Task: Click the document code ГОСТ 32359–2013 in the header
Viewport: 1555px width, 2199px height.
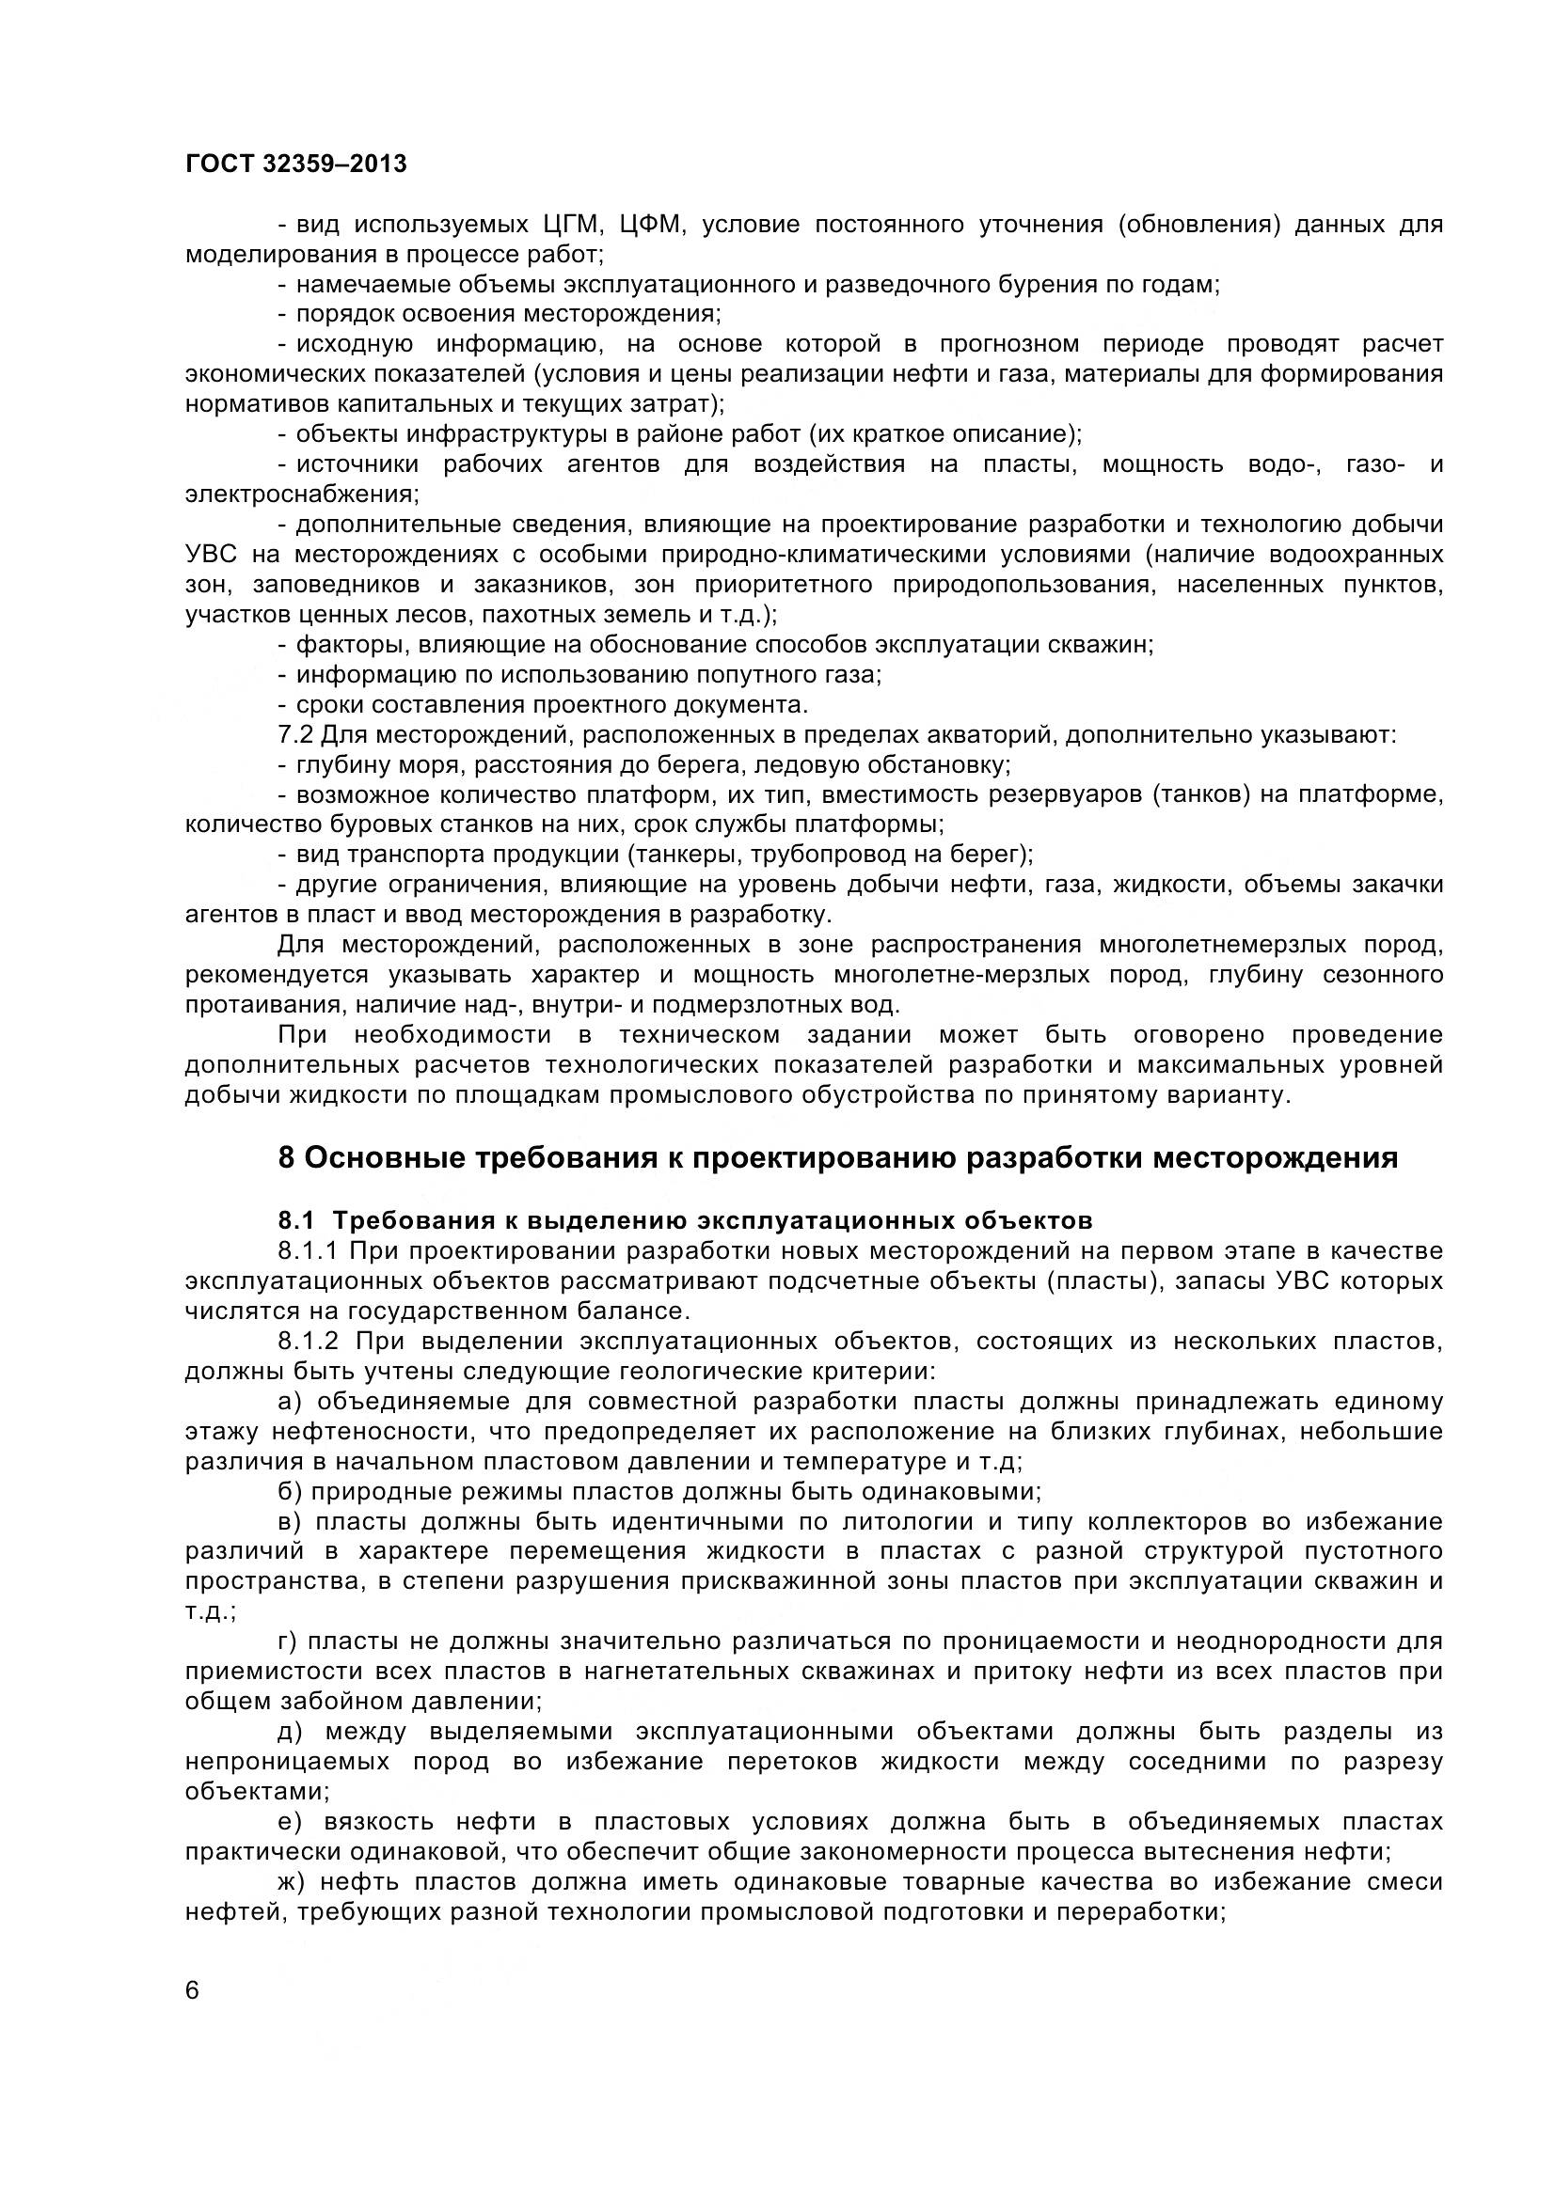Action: [x=295, y=165]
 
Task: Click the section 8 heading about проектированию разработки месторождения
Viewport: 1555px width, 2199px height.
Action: [x=837, y=1158]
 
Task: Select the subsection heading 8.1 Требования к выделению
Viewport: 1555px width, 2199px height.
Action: [x=684, y=1221]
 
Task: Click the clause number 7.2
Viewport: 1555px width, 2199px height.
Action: [x=295, y=735]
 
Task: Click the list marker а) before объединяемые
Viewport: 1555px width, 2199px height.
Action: [x=290, y=1401]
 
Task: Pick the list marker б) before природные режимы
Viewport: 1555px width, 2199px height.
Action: [x=290, y=1491]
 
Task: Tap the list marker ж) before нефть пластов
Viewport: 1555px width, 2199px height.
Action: [x=292, y=1882]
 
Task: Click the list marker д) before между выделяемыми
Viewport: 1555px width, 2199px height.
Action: [x=290, y=1732]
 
